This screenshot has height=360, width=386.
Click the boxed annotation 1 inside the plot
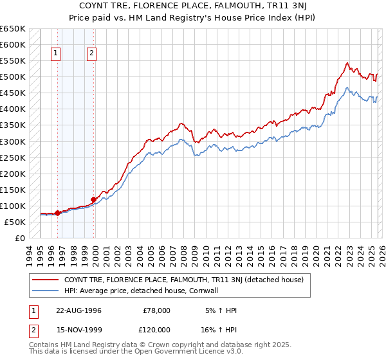click(x=57, y=54)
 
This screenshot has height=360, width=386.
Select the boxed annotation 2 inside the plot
click(x=92, y=54)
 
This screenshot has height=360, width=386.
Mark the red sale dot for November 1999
click(x=93, y=199)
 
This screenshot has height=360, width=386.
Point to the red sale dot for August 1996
click(x=57, y=213)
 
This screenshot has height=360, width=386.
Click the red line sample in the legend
click(x=45, y=279)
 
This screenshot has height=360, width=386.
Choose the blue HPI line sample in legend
click(x=45, y=290)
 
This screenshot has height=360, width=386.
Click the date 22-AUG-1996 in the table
click(x=78, y=310)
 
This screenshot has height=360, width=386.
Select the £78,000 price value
click(x=156, y=310)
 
